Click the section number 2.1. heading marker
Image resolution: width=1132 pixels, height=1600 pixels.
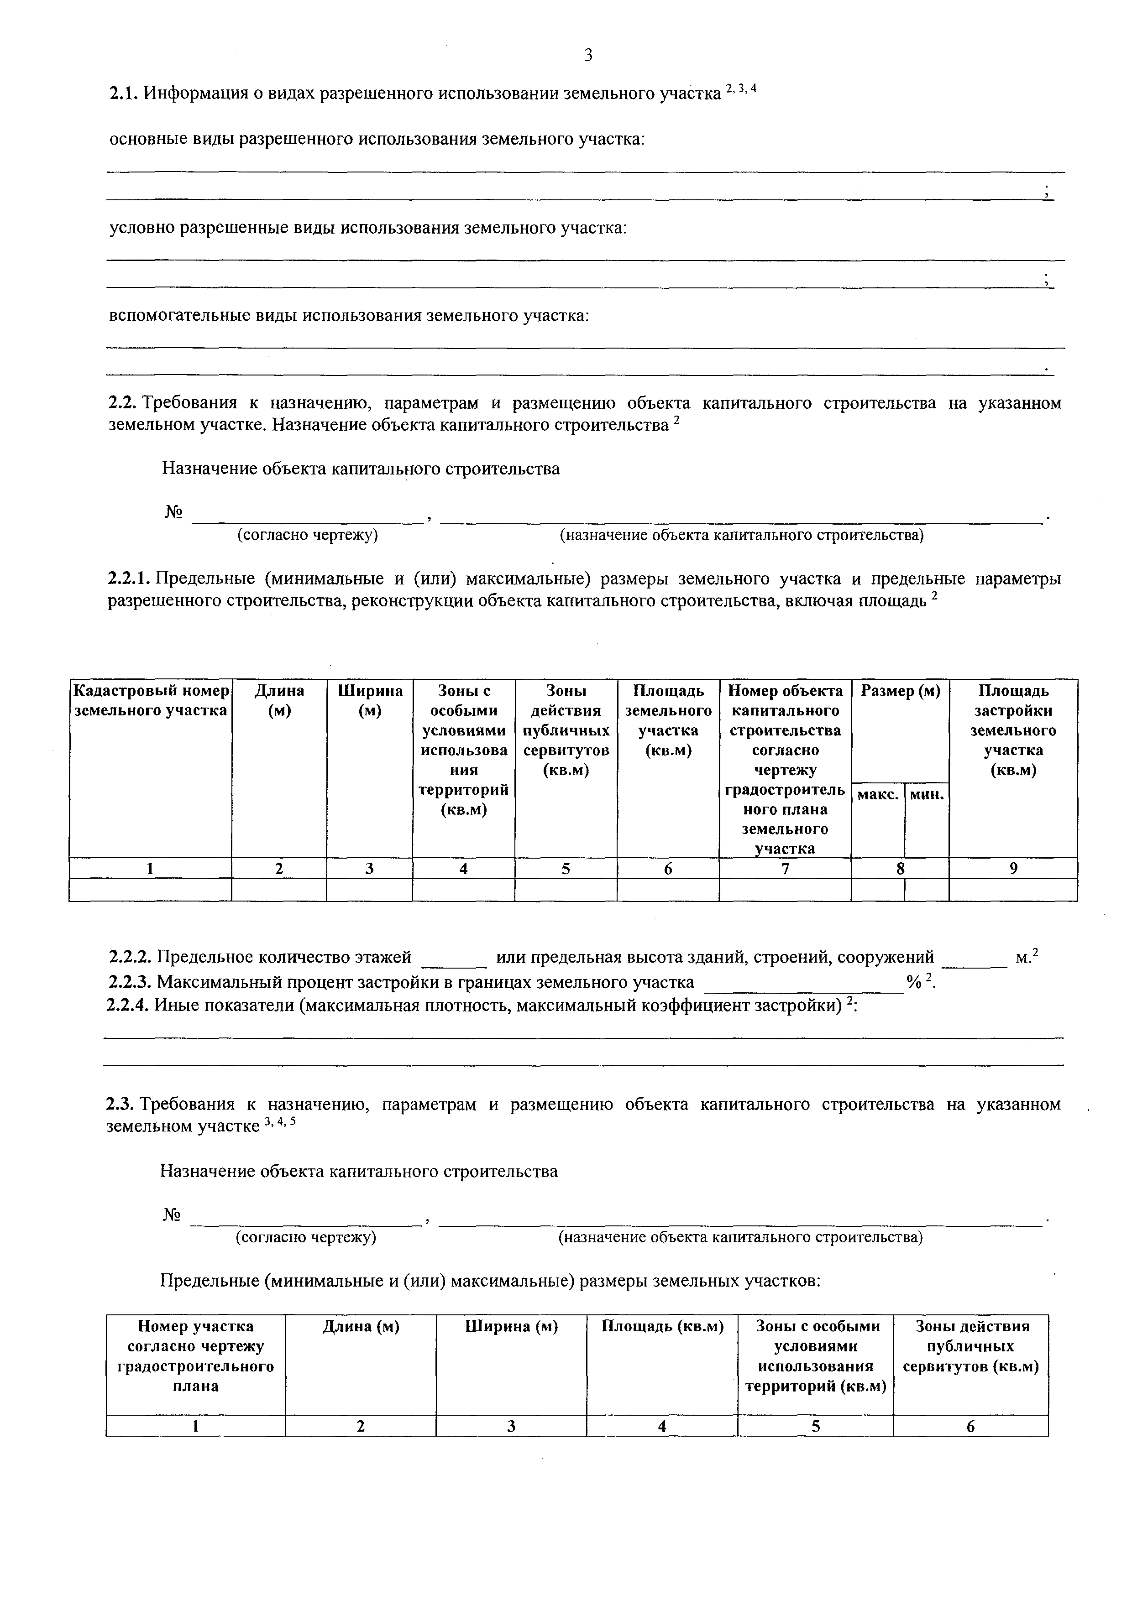click(x=125, y=94)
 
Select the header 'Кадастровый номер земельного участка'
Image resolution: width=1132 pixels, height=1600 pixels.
click(x=151, y=700)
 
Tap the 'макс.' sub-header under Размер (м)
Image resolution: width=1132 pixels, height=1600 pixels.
click(x=877, y=794)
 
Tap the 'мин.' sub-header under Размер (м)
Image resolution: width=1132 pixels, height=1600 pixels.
click(x=927, y=794)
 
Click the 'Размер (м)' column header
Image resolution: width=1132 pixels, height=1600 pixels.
click(x=900, y=691)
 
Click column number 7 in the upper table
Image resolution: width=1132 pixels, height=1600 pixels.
click(x=785, y=868)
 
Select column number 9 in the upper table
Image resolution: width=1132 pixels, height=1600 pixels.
click(x=1013, y=868)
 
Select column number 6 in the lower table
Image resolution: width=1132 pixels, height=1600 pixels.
click(x=970, y=1427)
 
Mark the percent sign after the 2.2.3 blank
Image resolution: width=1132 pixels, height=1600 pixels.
click(x=913, y=983)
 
